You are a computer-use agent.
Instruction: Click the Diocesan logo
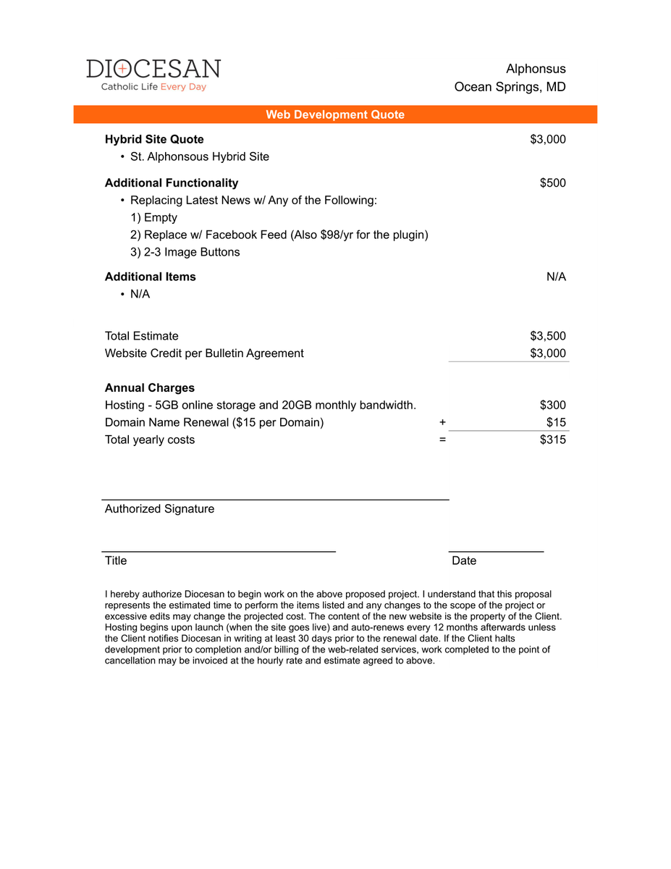click(x=153, y=75)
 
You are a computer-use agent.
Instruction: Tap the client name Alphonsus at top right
click(x=536, y=69)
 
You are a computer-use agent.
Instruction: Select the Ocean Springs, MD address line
click(x=510, y=87)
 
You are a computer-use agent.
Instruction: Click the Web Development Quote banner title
click(x=335, y=114)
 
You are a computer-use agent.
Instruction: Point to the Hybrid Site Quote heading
click(x=154, y=139)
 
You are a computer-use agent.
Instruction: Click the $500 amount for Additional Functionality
click(x=552, y=182)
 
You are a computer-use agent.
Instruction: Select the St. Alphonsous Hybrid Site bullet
click(x=199, y=156)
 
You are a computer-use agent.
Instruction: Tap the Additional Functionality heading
click(x=172, y=182)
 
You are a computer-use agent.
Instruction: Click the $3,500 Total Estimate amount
click(x=548, y=336)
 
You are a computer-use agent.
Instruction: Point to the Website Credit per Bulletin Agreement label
click(x=204, y=353)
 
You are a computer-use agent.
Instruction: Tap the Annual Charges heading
click(x=150, y=387)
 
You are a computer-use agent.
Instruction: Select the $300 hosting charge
click(x=552, y=405)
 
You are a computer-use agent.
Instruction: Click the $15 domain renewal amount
click(x=556, y=422)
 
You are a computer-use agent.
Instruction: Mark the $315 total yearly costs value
click(x=552, y=440)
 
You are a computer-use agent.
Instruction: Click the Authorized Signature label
click(x=159, y=509)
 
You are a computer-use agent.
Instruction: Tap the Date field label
click(x=464, y=561)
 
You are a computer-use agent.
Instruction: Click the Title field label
click(x=116, y=561)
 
